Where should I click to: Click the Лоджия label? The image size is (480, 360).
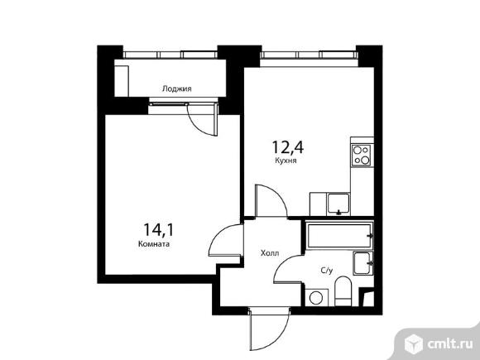(x=176, y=89)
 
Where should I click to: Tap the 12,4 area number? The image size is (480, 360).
(x=287, y=147)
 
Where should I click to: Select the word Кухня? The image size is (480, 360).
(x=286, y=161)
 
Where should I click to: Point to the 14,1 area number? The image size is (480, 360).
(x=158, y=229)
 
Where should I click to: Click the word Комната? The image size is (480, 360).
(x=154, y=244)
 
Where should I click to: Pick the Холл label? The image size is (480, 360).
(x=270, y=253)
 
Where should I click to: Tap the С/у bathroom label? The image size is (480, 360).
(x=326, y=271)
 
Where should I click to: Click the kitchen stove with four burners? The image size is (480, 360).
(x=361, y=156)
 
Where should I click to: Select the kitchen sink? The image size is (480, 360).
(x=338, y=204)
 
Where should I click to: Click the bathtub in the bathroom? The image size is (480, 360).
(x=339, y=236)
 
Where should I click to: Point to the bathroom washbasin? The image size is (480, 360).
(x=362, y=263)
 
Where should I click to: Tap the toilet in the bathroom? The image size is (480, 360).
(x=343, y=291)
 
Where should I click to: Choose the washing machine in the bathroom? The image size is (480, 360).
(x=316, y=297)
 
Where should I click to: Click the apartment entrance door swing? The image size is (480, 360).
(x=269, y=329)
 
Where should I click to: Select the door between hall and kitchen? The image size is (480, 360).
(x=271, y=201)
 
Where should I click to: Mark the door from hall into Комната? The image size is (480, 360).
(x=226, y=240)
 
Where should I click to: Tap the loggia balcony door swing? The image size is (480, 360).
(x=203, y=120)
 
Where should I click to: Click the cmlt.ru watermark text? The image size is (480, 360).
(x=449, y=344)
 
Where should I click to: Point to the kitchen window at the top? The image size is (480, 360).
(x=309, y=55)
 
